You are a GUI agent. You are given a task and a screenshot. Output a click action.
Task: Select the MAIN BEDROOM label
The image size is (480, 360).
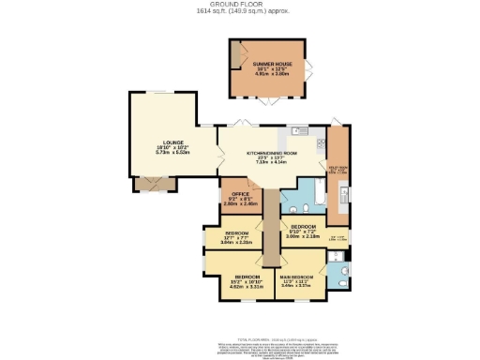pos(297,277)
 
